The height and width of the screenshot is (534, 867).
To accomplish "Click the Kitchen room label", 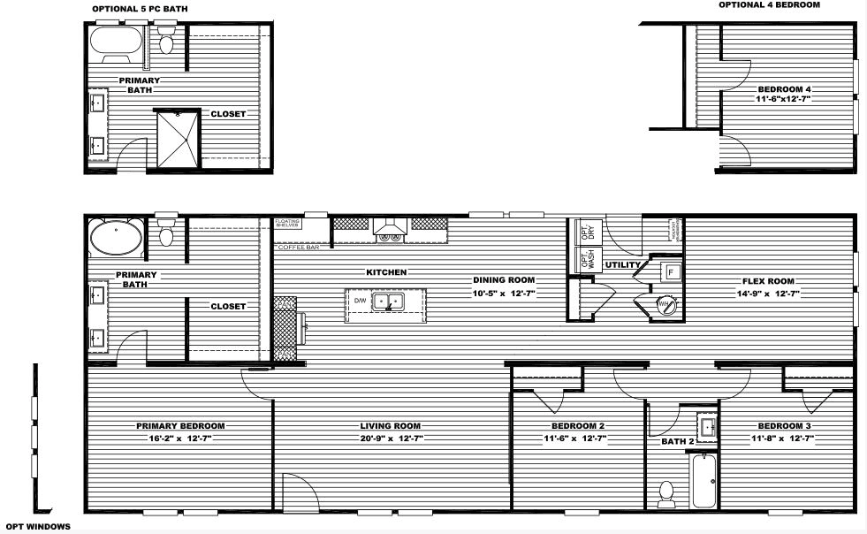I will point(386,272).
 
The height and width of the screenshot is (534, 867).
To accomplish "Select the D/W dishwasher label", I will point(360,301).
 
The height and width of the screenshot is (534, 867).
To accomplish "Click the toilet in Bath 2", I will point(668,494).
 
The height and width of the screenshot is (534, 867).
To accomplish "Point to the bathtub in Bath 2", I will point(704,480).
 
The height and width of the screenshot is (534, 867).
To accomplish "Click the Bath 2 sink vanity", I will point(707,427).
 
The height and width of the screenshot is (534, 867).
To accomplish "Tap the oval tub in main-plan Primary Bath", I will point(115,238).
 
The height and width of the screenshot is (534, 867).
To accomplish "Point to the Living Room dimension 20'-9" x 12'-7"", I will point(392,438).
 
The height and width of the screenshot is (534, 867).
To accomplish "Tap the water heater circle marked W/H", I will point(666,306).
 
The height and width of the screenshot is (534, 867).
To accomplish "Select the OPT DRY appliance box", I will point(586,232).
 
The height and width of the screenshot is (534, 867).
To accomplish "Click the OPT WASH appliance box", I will point(586,259).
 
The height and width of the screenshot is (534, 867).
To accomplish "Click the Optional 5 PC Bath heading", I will point(140,9).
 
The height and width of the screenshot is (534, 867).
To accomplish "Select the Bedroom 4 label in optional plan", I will point(784,89).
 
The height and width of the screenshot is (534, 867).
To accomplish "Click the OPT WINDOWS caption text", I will point(38,526).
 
